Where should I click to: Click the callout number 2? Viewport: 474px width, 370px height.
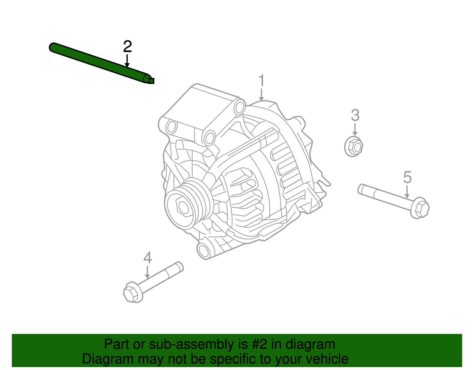click(x=127, y=47)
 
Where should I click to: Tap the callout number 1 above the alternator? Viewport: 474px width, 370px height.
click(x=261, y=81)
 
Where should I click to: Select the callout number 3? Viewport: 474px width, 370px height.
click(x=355, y=116)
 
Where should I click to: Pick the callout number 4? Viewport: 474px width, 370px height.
click(x=148, y=258)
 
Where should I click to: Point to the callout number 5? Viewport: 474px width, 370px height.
click(x=407, y=177)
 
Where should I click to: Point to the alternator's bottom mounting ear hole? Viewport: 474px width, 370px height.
click(x=204, y=251)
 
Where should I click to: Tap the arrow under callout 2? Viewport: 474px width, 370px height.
click(x=127, y=61)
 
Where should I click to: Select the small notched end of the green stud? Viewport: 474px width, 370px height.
click(x=150, y=80)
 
